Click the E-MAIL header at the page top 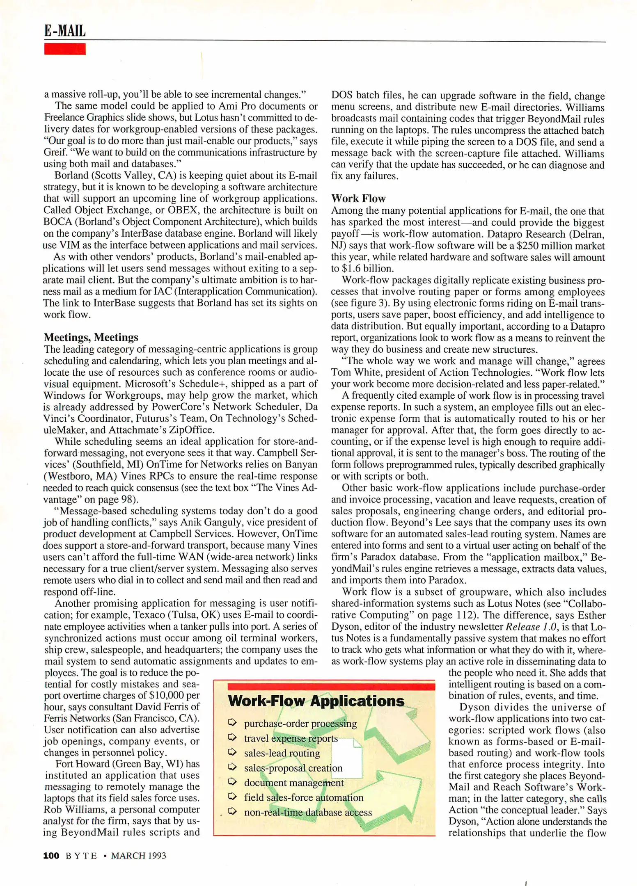click(65, 31)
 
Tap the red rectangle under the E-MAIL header click(65, 49)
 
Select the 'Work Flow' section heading click(358, 199)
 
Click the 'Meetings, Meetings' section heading click(91, 337)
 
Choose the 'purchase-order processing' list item click(300, 724)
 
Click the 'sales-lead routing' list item click(282, 753)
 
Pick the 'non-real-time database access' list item click(308, 812)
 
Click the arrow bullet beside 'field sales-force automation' click(232, 796)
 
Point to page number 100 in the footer click(51, 855)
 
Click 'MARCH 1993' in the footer click(138, 856)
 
